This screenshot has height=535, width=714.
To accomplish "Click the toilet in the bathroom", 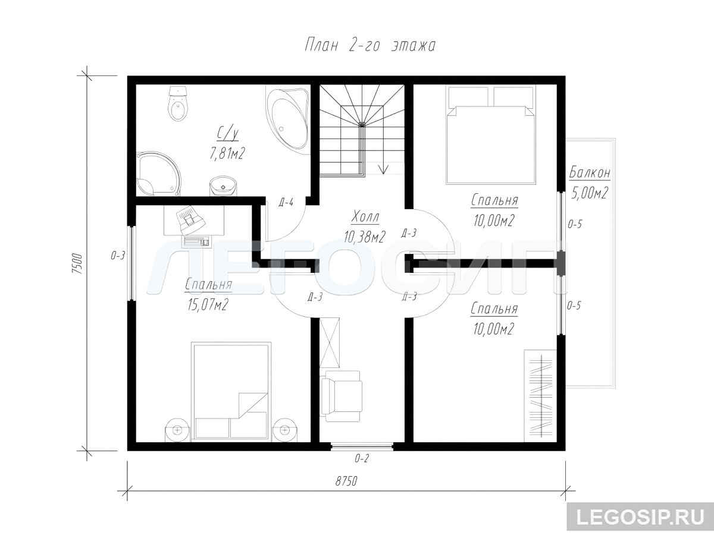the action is pos(178,103).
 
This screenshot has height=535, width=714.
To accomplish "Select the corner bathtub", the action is pos(287,119).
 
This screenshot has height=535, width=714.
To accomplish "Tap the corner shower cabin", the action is pos(158,174).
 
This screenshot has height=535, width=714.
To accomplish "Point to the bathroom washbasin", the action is pos(223,186).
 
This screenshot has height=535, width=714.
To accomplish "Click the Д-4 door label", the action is pos(286,203).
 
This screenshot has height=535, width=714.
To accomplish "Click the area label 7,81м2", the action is pos(227,153).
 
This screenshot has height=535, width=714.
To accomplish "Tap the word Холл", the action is pos(365,217).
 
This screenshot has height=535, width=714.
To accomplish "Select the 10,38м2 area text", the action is pos(365,237).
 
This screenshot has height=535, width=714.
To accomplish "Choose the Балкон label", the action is pos(590,173).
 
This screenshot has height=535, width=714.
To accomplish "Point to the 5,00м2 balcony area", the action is pos(590,193).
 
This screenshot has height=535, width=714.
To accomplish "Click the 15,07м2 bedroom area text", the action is pos(208,304).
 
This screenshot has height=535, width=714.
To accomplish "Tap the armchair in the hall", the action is pos(342,396).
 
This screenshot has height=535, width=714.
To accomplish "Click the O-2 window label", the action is pos(362,459).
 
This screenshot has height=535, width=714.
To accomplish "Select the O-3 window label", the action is pos(118,256).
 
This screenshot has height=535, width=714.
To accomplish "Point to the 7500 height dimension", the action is pos(78,263).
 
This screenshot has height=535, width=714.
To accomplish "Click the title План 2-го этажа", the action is pos(370,46).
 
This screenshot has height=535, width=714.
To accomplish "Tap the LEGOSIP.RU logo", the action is pos(640,517).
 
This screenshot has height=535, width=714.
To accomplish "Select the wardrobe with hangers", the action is pos(540,396).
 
